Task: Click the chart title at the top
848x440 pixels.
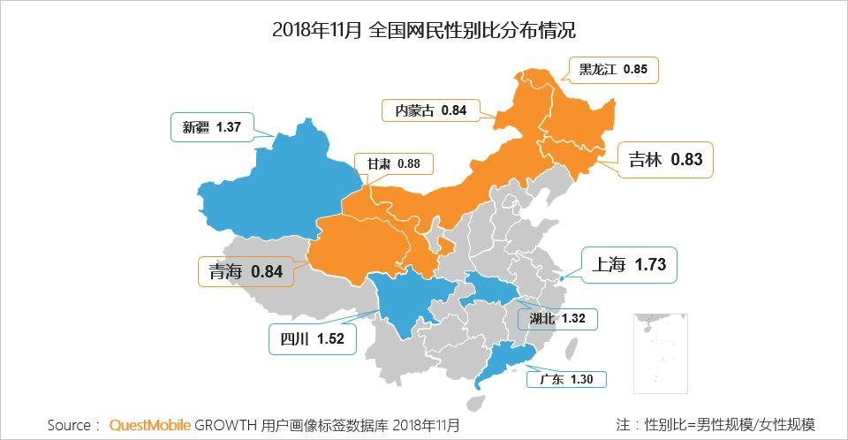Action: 424,30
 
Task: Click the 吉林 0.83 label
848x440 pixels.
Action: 665,160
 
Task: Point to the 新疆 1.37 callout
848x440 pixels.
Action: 211,126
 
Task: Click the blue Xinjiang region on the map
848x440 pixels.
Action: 274,181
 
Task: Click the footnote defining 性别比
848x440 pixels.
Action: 715,425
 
